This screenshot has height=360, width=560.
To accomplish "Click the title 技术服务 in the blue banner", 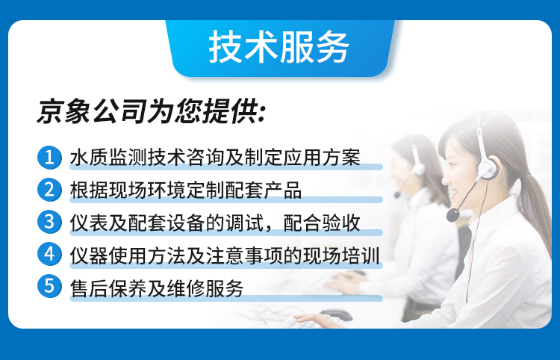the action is tap(279, 47).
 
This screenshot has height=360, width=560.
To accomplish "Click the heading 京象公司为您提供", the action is tap(151, 111).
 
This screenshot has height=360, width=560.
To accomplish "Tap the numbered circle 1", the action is tap(49, 157).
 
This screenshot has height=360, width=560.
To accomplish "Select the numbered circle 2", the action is tap(49, 190).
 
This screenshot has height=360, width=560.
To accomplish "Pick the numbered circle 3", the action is tap(49, 222).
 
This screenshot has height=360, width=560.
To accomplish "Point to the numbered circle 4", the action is tap(49, 254).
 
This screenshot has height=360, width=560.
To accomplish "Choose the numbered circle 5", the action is tap(49, 286).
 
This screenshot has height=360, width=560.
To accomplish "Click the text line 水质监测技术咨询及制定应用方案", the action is tap(215, 157).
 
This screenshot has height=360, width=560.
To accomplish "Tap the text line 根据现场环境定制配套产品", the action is tap(186, 190).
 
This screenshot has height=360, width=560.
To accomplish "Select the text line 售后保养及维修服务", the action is tap(157, 288).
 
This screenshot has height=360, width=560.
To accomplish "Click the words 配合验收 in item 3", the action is tap(322, 223).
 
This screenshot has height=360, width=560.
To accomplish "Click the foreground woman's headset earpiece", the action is tap(488, 170).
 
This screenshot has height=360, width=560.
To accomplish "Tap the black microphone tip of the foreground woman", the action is tap(453, 215).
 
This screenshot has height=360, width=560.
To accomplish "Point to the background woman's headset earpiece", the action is tap(418, 169).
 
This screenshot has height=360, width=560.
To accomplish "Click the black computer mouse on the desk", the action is tap(336, 314).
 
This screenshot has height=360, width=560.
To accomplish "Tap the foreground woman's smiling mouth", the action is tap(453, 195).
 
